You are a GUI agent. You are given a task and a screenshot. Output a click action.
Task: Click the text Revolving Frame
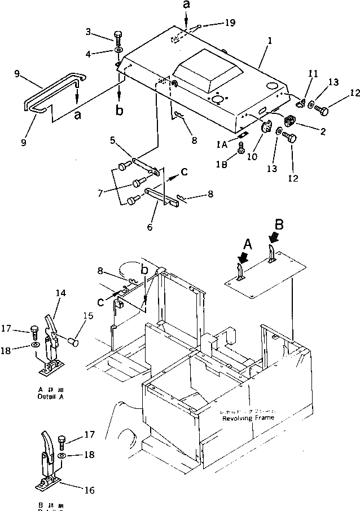pyautogui.click(x=248, y=418)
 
